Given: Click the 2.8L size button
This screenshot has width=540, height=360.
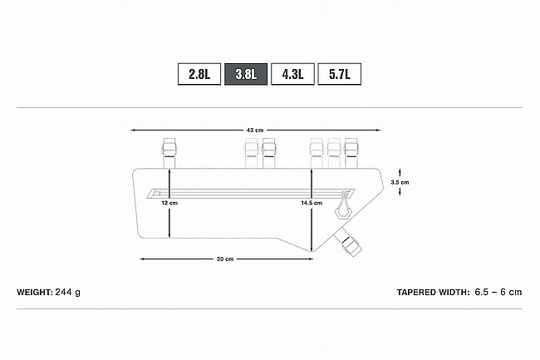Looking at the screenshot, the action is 199,74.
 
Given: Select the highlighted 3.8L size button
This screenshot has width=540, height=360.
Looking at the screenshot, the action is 246,74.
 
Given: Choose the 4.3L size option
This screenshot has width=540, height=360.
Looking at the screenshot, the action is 292,74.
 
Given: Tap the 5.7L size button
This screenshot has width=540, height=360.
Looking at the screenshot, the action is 339,74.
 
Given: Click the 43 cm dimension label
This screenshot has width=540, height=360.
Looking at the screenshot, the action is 255,131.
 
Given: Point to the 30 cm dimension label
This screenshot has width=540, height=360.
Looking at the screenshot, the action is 225,259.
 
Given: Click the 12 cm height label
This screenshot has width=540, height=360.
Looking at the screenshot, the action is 169,203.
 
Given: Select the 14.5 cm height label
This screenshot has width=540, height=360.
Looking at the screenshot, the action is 312,203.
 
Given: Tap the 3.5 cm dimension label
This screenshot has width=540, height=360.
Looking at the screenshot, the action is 400,182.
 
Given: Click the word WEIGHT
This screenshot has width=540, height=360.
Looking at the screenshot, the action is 35,292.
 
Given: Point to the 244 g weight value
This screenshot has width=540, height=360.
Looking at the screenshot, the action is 68,293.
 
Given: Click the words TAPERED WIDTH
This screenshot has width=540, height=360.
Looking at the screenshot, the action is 433,292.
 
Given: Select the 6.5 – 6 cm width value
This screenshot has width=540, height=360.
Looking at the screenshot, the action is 498,292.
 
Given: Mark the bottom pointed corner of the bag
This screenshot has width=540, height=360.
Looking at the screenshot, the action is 312,252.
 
